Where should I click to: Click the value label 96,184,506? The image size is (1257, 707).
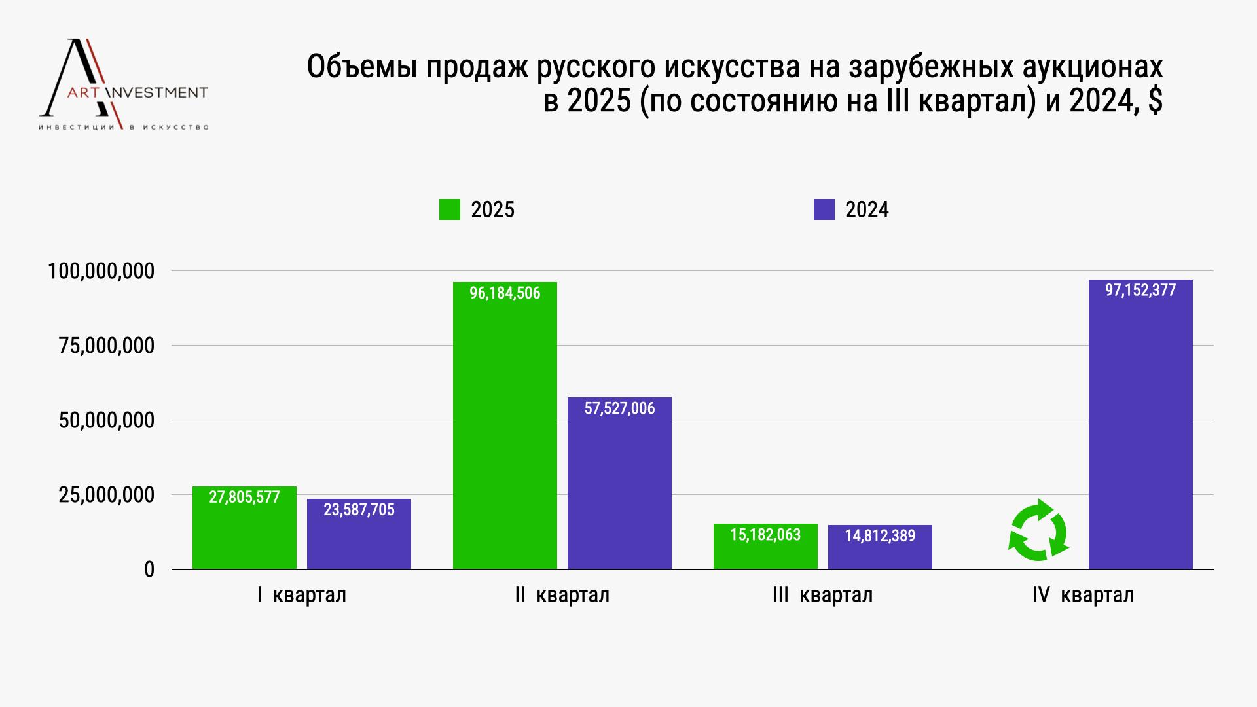pyautogui.click(x=505, y=293)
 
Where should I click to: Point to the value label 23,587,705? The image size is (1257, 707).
pyautogui.click(x=359, y=510)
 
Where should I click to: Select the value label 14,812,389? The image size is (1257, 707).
pyautogui.click(x=880, y=536)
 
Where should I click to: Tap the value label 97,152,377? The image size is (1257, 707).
pyautogui.click(x=1140, y=290)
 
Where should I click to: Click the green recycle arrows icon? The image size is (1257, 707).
pyautogui.click(x=1038, y=530)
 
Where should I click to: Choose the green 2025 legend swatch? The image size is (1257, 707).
pyautogui.click(x=450, y=209)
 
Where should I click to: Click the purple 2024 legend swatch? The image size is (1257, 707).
pyautogui.click(x=824, y=209)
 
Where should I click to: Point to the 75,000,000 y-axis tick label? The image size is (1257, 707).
pyautogui.click(x=107, y=346)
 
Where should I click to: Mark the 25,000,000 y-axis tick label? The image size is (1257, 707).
pyautogui.click(x=107, y=495)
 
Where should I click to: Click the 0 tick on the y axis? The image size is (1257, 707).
pyautogui.click(x=149, y=570)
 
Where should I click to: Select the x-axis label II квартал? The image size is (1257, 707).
pyautogui.click(x=562, y=595)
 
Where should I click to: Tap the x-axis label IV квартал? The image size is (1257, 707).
pyautogui.click(x=1083, y=595)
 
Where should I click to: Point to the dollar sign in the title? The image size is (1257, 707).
pyautogui.click(x=1155, y=101)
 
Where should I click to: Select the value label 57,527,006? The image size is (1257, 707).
pyautogui.click(x=619, y=408)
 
